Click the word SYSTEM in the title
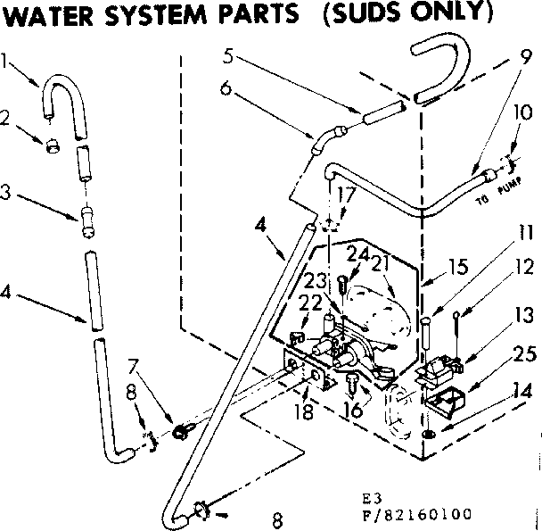148,15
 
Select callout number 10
523,113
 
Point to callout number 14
523,391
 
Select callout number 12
523,266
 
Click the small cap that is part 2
53,145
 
